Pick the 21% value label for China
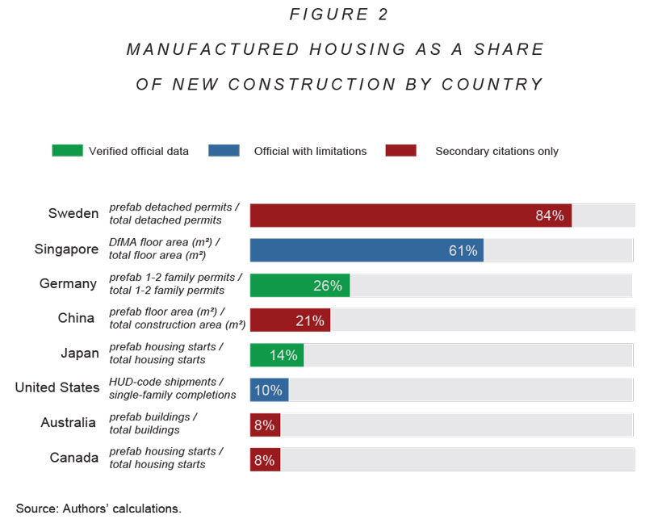310,320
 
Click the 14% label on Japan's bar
283,355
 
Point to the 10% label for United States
268,391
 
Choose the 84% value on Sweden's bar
549,216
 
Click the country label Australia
69,423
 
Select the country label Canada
74,458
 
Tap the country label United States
57,388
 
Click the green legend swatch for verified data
67,151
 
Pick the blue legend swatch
224,151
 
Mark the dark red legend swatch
401,151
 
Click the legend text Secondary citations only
496,151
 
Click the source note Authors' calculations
98,509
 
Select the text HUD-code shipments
165,382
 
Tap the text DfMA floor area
161,242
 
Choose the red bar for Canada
265,460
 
